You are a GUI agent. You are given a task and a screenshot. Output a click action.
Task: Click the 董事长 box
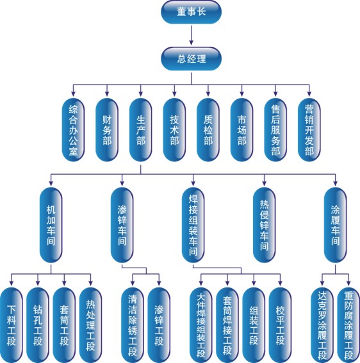click(x=191, y=12)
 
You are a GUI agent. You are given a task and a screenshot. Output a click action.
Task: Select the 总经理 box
click(x=191, y=59)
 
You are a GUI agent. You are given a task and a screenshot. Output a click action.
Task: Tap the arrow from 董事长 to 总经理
click(x=191, y=35)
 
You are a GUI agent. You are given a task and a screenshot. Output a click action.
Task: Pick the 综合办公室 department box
click(x=73, y=129)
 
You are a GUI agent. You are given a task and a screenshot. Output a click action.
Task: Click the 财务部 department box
click(x=107, y=129)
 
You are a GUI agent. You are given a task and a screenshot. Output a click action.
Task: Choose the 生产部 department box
click(x=141, y=129)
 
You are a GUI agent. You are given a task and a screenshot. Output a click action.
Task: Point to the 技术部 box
click(x=174, y=129)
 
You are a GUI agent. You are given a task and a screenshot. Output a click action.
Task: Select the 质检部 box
click(x=208, y=129)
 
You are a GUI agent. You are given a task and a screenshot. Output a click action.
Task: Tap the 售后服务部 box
click(x=275, y=129)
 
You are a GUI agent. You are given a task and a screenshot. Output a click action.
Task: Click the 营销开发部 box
click(x=309, y=129)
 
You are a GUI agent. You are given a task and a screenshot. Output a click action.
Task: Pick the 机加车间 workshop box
click(x=51, y=225)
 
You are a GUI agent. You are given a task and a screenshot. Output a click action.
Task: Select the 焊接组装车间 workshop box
click(x=193, y=225)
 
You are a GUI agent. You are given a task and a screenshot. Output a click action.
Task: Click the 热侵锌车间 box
click(x=264, y=225)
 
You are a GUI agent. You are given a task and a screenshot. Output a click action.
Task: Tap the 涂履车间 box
click(x=335, y=225)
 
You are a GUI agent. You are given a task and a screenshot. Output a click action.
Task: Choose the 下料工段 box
click(x=11, y=325)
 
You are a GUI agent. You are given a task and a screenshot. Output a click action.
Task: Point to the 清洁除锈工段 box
click(x=133, y=325)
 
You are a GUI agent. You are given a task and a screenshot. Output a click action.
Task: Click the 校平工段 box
click(x=280, y=325)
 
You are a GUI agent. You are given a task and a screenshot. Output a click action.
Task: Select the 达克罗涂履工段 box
click(x=322, y=325)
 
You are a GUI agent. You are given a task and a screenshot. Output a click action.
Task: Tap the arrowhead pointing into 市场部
click(x=241, y=93)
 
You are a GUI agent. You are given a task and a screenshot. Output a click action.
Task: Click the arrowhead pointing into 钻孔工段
click(x=38, y=283)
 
